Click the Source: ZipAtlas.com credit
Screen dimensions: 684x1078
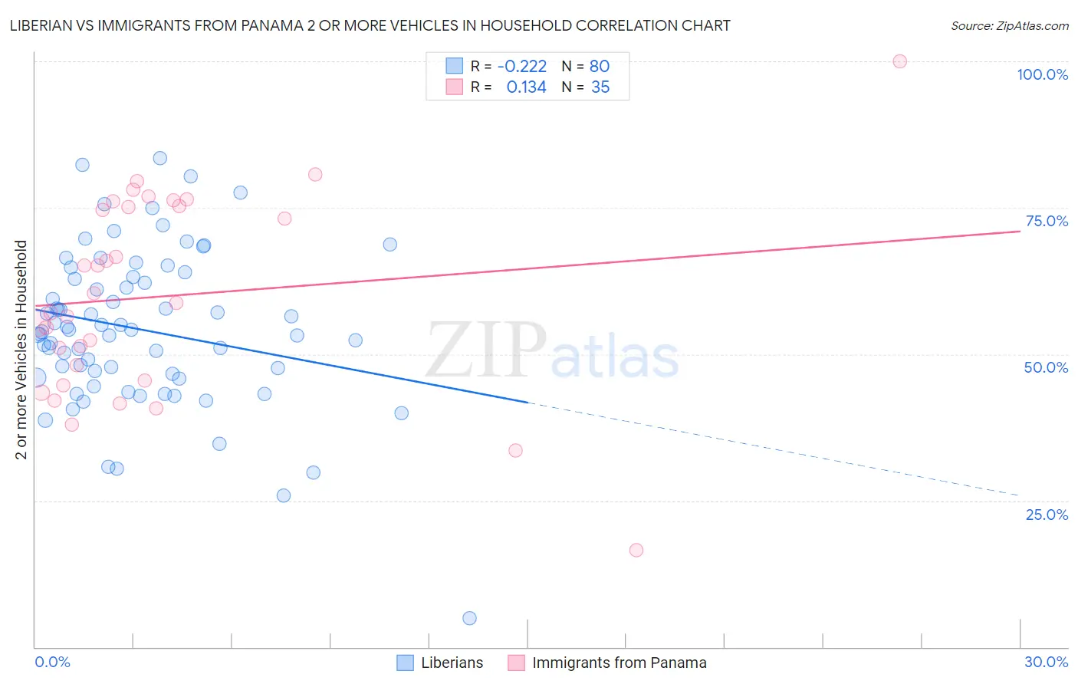tap(1009, 25)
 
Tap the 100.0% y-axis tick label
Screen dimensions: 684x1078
tap(1042, 74)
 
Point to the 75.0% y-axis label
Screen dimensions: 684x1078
tap(1046, 221)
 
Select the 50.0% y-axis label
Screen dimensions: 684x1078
tap(1046, 367)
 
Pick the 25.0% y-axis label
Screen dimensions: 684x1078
tap(1046, 515)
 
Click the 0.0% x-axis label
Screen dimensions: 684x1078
tap(52, 662)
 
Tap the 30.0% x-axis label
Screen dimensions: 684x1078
tap(1046, 662)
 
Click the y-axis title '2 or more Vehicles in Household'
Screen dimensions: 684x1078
tap(21, 350)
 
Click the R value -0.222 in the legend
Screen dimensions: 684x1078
tap(522, 66)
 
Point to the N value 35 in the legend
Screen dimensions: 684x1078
tap(600, 87)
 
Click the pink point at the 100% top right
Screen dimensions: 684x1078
tap(900, 61)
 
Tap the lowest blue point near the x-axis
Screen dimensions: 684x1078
tap(470, 618)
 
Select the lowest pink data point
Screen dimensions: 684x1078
tap(636, 550)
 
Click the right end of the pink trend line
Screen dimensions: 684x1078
tap(1019, 231)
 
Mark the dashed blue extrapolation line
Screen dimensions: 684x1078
tap(767, 448)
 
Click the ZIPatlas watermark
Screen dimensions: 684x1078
tap(552, 351)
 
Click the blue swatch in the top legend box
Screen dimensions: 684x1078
tap(455, 66)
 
